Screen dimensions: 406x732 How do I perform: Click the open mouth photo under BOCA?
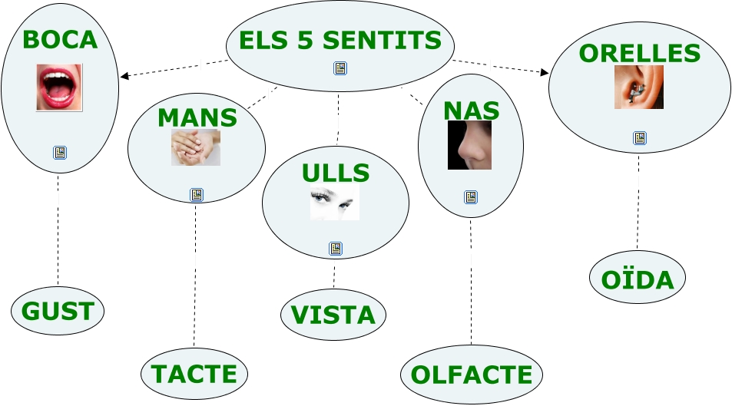[x=59, y=87]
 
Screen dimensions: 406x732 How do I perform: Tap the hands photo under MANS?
[x=196, y=147]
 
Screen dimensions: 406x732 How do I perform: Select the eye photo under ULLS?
[x=335, y=202]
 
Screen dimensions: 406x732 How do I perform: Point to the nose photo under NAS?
[x=469, y=144]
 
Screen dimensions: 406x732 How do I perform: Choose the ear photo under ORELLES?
[x=638, y=87]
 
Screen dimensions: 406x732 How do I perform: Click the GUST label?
[x=58, y=311]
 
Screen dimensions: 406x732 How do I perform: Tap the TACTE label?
[x=194, y=374]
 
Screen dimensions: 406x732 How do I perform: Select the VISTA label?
[x=333, y=315]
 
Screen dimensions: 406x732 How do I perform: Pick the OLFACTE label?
[x=471, y=375]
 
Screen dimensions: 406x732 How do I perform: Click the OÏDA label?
[x=638, y=279]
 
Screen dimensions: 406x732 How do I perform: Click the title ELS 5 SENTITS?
[x=340, y=40]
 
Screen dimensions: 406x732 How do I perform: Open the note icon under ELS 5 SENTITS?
[x=340, y=68]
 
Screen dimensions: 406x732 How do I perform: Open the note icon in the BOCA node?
[x=60, y=152]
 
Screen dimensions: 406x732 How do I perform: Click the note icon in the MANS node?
[x=197, y=195]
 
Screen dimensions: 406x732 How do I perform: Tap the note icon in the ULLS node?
[x=336, y=248]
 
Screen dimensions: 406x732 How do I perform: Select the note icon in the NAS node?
[x=471, y=197]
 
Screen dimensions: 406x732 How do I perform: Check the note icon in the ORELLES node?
[x=639, y=138]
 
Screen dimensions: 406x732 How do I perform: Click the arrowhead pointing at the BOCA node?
[x=124, y=76]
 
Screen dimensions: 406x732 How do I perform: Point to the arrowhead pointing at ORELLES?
[x=545, y=73]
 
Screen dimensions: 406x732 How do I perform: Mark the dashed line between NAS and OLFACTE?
[x=471, y=284]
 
